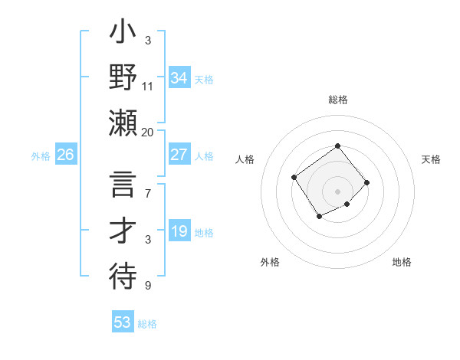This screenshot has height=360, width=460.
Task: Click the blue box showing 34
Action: [x=179, y=77]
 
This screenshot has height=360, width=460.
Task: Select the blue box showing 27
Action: [x=179, y=155]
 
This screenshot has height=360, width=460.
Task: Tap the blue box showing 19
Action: [x=179, y=231]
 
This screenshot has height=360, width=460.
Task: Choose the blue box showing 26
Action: [x=65, y=155]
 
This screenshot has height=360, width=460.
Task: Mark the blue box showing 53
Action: [x=123, y=322]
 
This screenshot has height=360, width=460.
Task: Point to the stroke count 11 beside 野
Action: [x=148, y=87]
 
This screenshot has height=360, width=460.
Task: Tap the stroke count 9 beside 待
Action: [x=148, y=286]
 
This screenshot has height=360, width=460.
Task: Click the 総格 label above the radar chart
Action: [x=337, y=100]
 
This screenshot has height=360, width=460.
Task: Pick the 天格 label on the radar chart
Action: [x=431, y=159]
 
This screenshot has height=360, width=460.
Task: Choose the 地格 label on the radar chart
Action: [x=402, y=262]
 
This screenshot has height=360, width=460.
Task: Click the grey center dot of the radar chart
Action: [x=337, y=191]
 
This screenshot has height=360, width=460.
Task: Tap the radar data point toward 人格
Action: [x=294, y=178]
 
